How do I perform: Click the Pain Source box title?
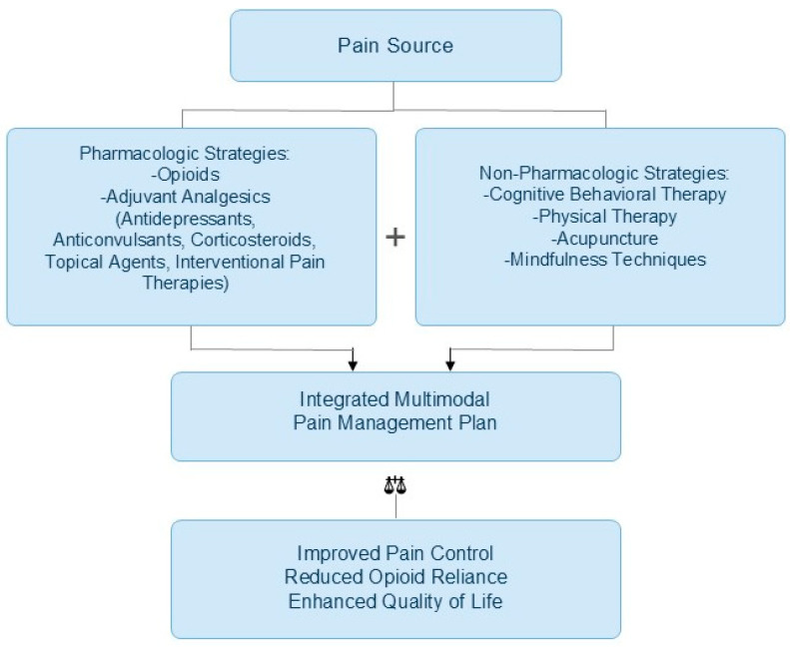tap(395, 45)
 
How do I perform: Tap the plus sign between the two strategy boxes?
tap(395, 238)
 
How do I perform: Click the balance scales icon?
tap(395, 485)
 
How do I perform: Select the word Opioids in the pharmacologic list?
tap(186, 175)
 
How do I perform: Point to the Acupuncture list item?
tap(604, 239)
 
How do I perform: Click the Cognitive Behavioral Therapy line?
tap(604, 195)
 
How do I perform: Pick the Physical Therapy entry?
tap(604, 217)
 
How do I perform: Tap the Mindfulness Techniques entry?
tap(604, 260)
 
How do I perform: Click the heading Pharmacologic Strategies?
tap(185, 153)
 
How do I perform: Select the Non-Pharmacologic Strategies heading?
tap(604, 173)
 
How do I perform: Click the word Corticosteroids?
tap(254, 240)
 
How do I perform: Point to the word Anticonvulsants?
tap(119, 240)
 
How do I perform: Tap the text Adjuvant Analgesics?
tap(186, 197)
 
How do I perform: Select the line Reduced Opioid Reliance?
tap(395, 577)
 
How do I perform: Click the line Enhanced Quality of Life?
tap(395, 601)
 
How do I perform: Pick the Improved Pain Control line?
tap(395, 553)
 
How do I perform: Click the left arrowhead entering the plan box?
tap(353, 365)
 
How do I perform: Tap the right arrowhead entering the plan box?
tap(450, 365)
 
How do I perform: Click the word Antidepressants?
tap(186, 219)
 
